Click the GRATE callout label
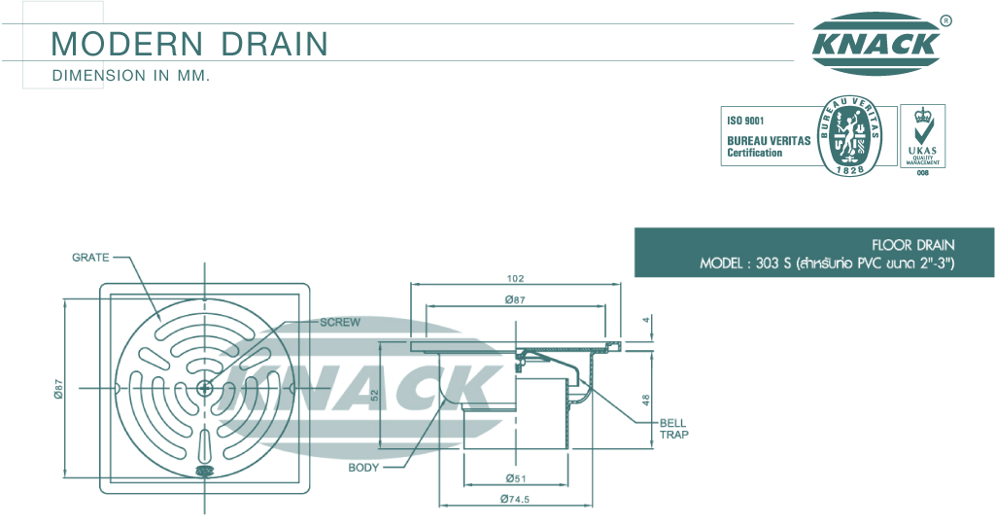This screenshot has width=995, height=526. [x=90, y=258]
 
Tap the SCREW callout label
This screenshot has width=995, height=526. [x=340, y=322]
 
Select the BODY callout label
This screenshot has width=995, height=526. [x=363, y=468]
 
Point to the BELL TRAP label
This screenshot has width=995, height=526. [x=674, y=429]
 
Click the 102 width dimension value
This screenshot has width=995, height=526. [x=515, y=278]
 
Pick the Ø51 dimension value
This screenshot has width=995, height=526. [x=515, y=478]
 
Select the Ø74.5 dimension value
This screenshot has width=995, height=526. [x=514, y=499]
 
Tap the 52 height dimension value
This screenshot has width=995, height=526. [x=374, y=395]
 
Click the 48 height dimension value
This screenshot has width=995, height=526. [x=646, y=401]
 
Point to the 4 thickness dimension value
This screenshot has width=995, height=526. [x=646, y=320]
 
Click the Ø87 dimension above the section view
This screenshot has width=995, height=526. [x=515, y=299]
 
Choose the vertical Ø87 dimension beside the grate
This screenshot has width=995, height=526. [x=58, y=389]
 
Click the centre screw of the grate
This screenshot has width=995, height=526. [x=204, y=387]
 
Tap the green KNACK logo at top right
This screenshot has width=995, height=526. [x=876, y=43]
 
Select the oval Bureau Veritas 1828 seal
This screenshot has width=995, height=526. [x=849, y=136]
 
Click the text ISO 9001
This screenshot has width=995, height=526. [x=745, y=121]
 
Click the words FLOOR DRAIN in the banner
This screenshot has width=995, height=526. [x=913, y=245]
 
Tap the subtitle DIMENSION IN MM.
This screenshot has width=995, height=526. [x=131, y=76]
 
